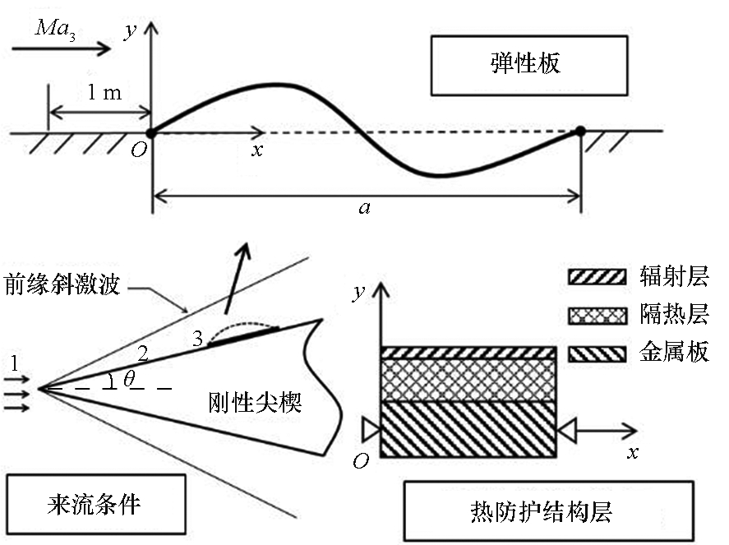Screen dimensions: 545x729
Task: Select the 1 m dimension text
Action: coord(104,92)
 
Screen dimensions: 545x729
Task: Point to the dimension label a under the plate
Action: coord(364,207)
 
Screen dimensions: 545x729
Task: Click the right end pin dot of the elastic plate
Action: coord(579,131)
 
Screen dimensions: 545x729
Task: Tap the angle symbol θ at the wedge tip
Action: coord(130,378)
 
